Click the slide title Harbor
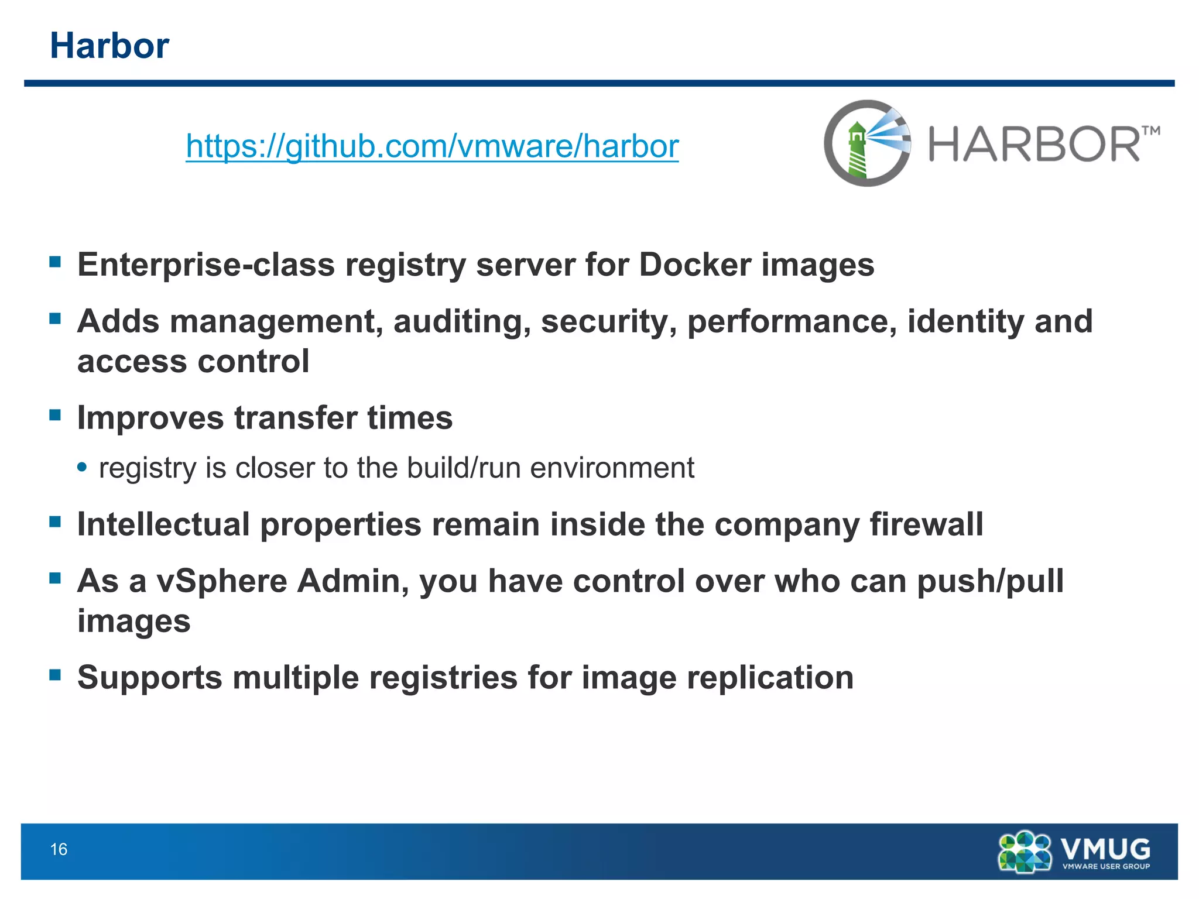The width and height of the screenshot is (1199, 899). pos(109,46)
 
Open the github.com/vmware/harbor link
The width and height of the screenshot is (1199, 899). pos(432,146)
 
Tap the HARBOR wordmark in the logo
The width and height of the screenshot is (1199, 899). pos(1034,145)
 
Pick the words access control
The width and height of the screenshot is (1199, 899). pos(193,361)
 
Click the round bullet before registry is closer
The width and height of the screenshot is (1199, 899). pos(83,467)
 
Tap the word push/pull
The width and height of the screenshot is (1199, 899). pos(990,581)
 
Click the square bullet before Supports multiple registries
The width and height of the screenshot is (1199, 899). pos(56,674)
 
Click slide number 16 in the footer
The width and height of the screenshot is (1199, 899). pos(59,849)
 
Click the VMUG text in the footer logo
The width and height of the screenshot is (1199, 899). pos(1105,848)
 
